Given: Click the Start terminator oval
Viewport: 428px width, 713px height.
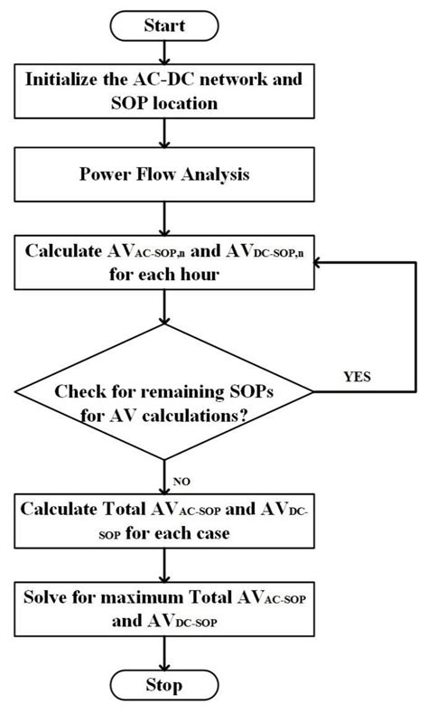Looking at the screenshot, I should [x=164, y=25].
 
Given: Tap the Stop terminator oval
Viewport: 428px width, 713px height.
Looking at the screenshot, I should [x=163, y=685].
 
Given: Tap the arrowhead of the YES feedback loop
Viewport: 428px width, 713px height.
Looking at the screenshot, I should [x=317, y=260].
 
